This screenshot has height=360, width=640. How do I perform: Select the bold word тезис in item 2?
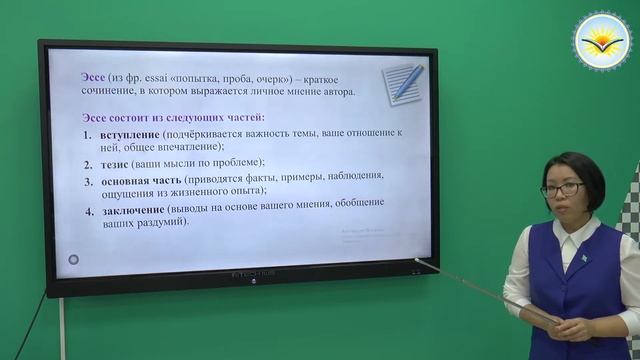(x=116, y=162)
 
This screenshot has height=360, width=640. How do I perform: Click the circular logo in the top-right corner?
(x=601, y=40)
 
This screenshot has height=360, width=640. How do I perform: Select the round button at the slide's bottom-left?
(x=73, y=260)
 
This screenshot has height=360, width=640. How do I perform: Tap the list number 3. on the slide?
(x=89, y=181)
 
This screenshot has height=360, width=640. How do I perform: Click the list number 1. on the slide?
(x=88, y=133)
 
